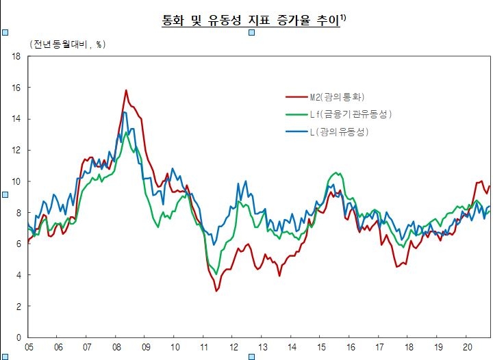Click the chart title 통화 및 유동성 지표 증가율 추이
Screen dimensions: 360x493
click(250, 21)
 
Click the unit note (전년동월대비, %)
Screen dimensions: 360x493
click(66, 44)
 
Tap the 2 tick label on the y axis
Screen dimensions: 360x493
click(18, 307)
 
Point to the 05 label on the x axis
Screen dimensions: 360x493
click(29, 348)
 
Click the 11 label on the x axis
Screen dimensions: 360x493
click(204, 348)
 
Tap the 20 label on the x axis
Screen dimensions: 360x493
click(466, 348)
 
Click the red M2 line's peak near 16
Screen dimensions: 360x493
click(126, 90)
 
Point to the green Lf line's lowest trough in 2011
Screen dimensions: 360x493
click(216, 274)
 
